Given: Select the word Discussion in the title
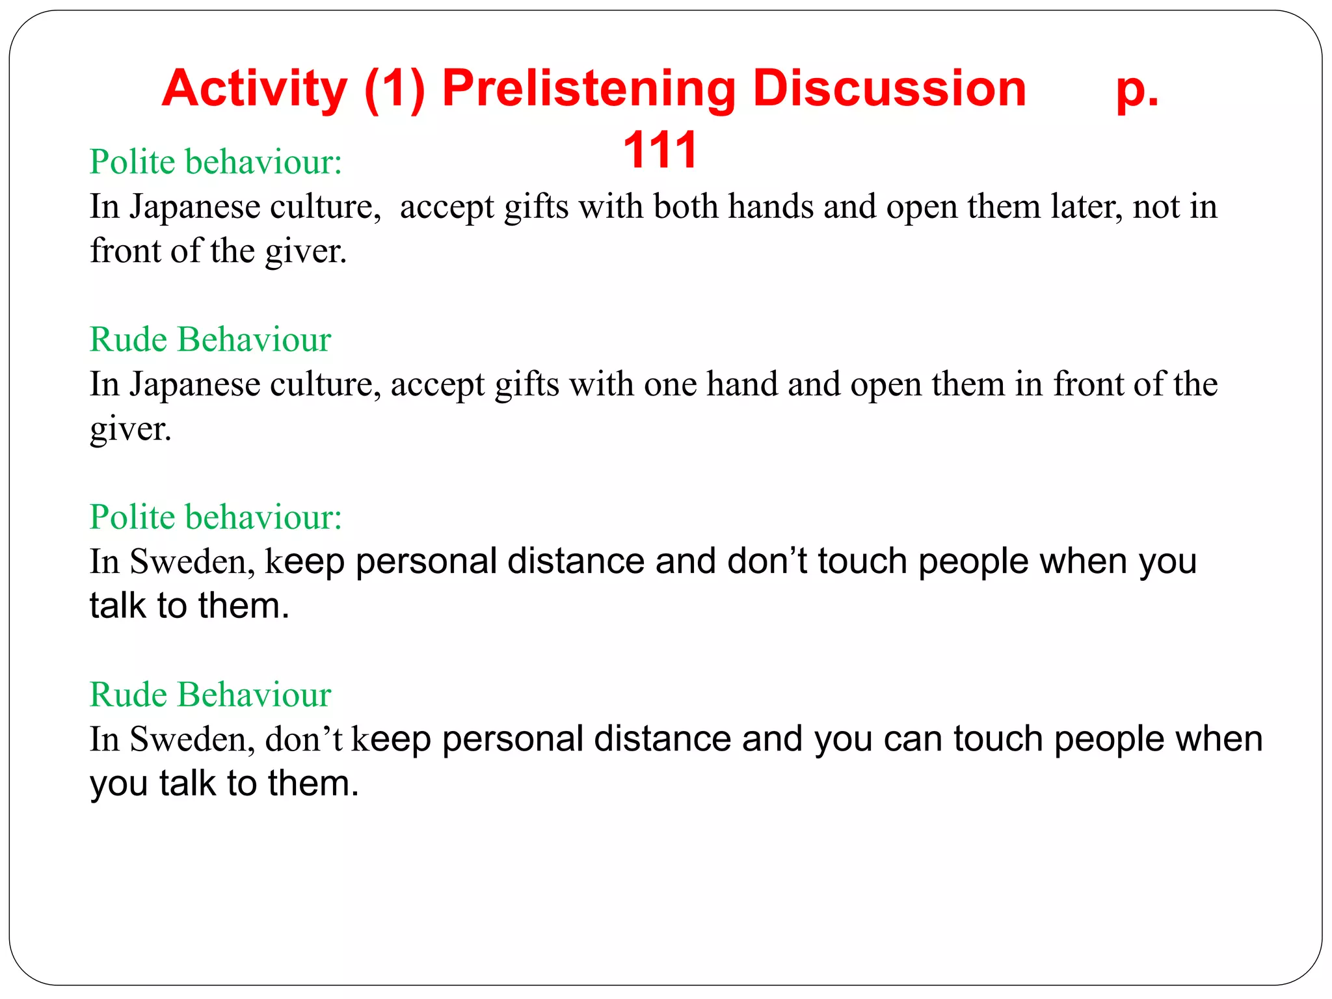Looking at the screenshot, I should [x=889, y=89].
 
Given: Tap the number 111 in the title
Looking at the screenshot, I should [x=659, y=150].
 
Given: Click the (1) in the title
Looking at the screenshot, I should [x=394, y=89].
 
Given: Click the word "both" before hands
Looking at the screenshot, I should [x=686, y=207].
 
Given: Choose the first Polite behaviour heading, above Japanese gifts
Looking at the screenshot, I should [x=215, y=162].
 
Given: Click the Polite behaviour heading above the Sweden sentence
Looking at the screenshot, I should [x=215, y=517].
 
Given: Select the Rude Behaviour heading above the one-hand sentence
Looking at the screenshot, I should [x=210, y=340].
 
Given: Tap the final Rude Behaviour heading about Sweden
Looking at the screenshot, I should [x=210, y=695].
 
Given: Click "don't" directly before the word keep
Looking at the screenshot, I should [x=304, y=739].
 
